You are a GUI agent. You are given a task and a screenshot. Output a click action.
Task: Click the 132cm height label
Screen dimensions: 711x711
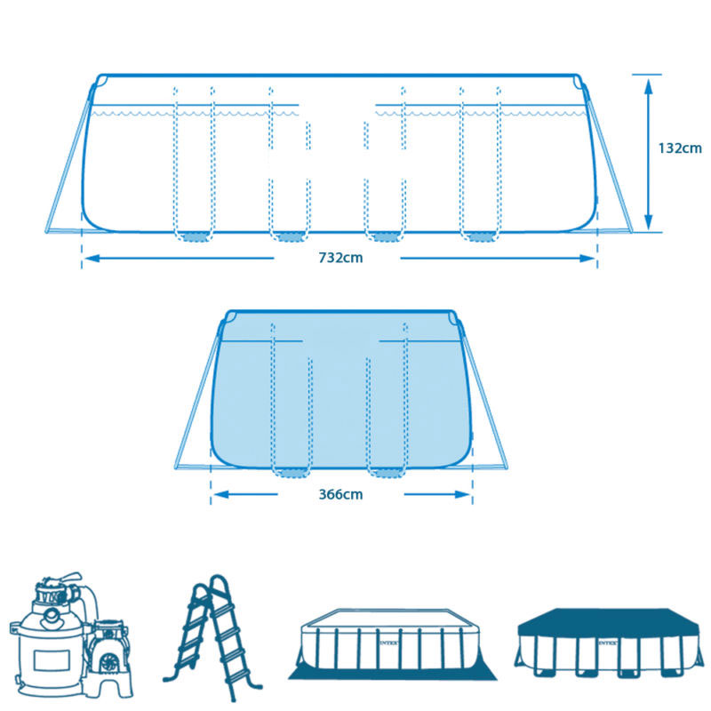coord(681,148)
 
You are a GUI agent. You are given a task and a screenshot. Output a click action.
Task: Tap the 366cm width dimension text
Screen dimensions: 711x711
coord(341,494)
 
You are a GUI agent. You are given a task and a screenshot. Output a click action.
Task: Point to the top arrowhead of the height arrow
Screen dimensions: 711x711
coord(649,83)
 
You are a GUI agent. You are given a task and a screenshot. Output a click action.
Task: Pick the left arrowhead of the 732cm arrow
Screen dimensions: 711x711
coord(89,259)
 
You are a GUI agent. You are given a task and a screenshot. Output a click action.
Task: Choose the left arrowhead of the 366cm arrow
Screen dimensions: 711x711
coord(219,494)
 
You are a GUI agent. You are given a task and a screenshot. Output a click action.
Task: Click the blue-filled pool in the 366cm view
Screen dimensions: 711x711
coord(342,391)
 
